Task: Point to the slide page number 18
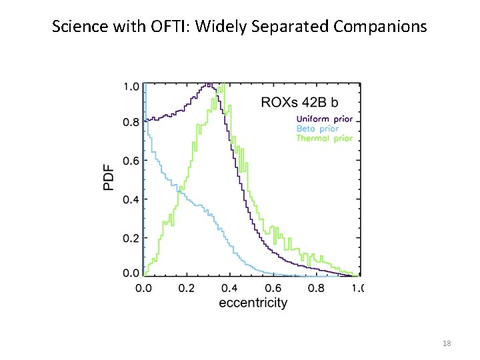[447, 343]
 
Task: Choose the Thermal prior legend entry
[323, 138]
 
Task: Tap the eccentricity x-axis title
[253, 303]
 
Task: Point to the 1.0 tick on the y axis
[131, 87]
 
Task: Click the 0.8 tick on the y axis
[131, 122]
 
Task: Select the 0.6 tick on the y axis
[131, 161]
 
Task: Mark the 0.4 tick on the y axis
[131, 199]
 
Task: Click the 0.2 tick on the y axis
[131, 238]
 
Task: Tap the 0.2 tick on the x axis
[186, 288]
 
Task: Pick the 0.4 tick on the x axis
[229, 288]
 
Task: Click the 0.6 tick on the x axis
[273, 288]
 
